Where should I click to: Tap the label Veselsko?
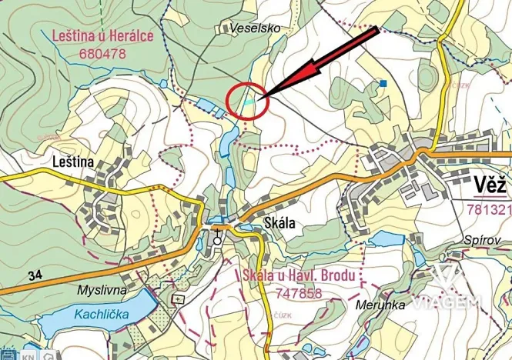256,28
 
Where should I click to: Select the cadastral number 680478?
102,54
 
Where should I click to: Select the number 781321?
489,209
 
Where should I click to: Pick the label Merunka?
380,305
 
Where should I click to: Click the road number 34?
34,275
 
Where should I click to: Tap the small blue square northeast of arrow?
383,82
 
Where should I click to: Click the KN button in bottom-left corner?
28,355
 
